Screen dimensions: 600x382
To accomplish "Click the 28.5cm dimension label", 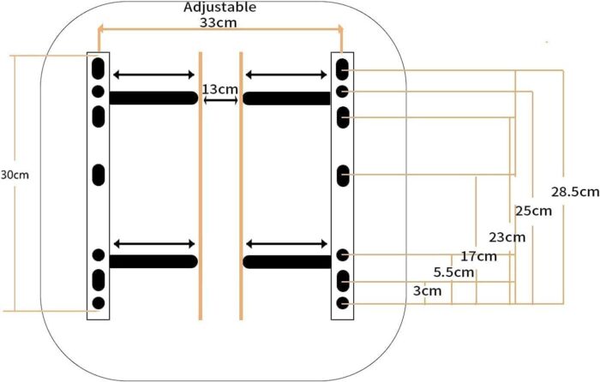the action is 575,192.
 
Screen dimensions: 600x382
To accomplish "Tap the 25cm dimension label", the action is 533,211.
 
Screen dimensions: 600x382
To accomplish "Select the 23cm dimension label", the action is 507,237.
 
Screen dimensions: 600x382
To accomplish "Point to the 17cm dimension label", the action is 478,256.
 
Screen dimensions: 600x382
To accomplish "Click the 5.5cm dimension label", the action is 453,272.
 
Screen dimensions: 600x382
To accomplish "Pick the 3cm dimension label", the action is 427,291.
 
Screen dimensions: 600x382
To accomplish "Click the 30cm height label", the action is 15,175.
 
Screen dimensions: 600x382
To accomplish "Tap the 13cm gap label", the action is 220,89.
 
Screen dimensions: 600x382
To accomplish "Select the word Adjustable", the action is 219,7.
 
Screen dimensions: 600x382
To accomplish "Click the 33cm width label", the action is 219,22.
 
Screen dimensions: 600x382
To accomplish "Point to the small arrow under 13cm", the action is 221,100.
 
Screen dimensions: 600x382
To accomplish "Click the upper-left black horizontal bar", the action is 153,98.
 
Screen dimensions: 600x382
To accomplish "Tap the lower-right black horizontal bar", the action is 287,262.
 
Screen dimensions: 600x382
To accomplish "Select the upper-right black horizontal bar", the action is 286,98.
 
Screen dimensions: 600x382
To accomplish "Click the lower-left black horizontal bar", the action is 153,261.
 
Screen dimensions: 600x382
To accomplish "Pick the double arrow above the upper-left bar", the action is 154,75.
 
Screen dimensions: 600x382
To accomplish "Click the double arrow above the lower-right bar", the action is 286,243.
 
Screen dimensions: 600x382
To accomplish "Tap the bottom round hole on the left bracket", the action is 99,303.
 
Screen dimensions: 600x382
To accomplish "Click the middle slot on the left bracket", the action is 99,175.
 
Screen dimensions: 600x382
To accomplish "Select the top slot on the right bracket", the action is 343,69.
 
